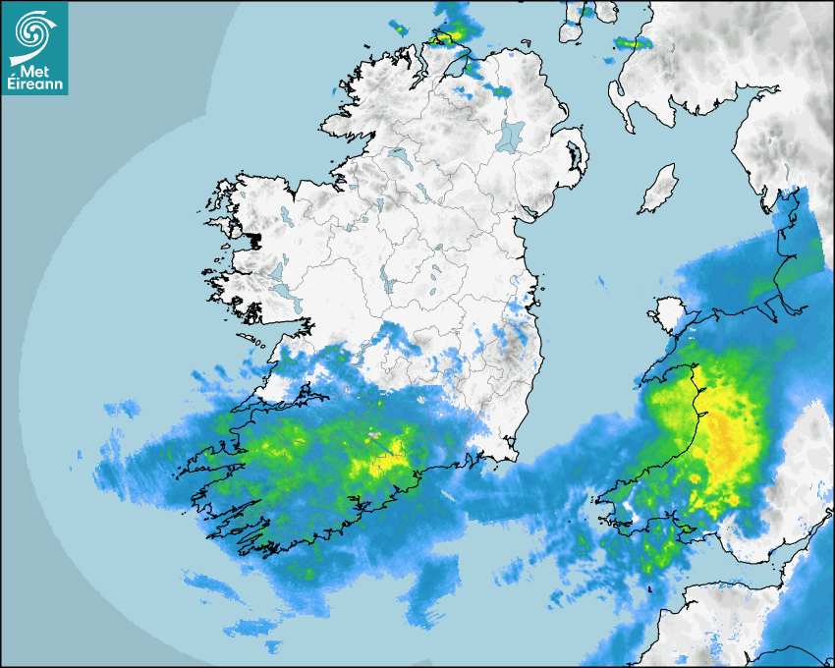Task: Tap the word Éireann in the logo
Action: click(x=34, y=84)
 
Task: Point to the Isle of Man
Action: click(x=658, y=190)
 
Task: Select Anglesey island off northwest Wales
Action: click(x=666, y=315)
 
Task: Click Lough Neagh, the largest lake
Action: click(x=511, y=136)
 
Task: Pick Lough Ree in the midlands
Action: click(x=385, y=283)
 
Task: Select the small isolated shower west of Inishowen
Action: click(x=399, y=28)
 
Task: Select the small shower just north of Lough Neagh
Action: click(x=501, y=91)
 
